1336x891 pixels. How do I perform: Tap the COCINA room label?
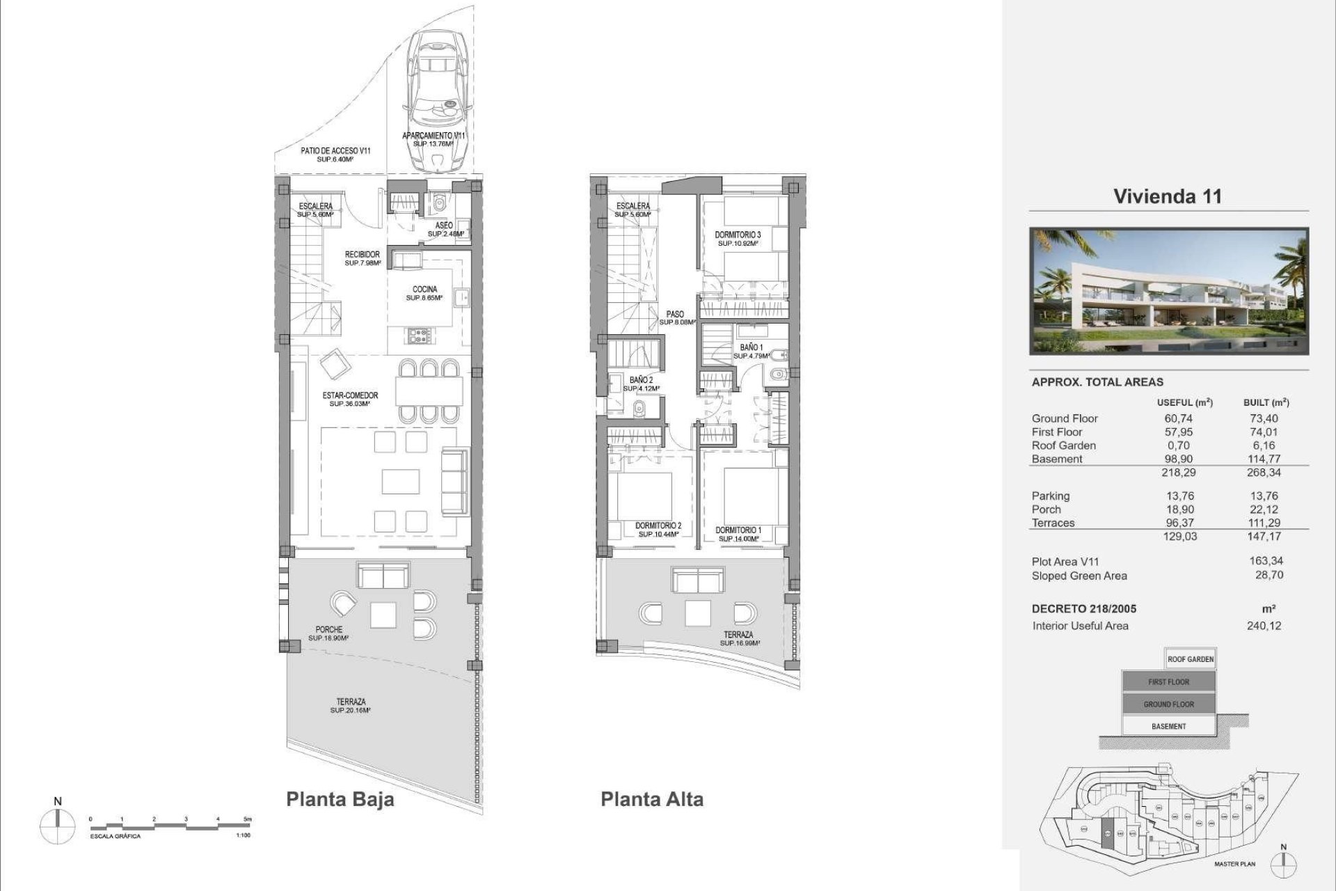pyautogui.click(x=424, y=290)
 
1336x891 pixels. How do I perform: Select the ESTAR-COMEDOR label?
pyautogui.click(x=350, y=396)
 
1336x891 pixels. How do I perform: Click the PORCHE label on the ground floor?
pyautogui.click(x=328, y=630)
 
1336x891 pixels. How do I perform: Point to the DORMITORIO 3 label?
pyautogui.click(x=738, y=236)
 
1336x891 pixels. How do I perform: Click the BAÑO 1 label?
pyautogui.click(x=751, y=347)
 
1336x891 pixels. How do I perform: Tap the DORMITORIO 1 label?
pyautogui.click(x=738, y=530)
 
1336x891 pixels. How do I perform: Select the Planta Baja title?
pyautogui.click(x=340, y=799)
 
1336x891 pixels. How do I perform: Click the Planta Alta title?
pyautogui.click(x=652, y=799)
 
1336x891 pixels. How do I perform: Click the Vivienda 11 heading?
pyautogui.click(x=1168, y=196)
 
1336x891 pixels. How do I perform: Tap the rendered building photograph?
pyautogui.click(x=1169, y=291)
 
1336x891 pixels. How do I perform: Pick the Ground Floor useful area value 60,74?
pyautogui.click(x=1178, y=418)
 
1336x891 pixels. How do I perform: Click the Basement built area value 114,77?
pyautogui.click(x=1264, y=459)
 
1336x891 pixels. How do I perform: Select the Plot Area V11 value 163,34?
pyautogui.click(x=1266, y=560)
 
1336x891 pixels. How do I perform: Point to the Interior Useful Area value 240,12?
pyautogui.click(x=1264, y=625)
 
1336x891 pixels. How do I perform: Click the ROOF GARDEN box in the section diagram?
pyautogui.click(x=1191, y=659)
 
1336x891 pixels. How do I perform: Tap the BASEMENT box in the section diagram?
pyautogui.click(x=1168, y=726)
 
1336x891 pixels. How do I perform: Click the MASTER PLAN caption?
pyautogui.click(x=1234, y=864)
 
